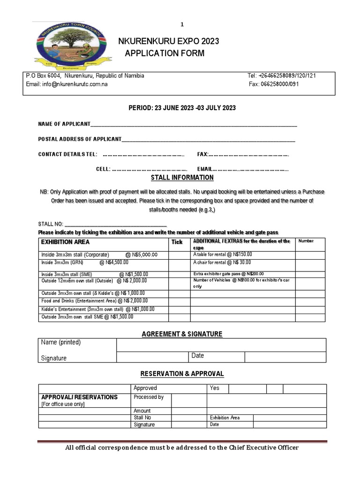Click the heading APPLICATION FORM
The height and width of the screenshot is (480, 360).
click(x=165, y=53)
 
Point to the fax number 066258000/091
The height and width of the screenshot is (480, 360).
click(x=273, y=84)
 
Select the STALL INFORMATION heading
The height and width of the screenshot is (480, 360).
click(x=182, y=178)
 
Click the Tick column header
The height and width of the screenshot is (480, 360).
click(x=177, y=242)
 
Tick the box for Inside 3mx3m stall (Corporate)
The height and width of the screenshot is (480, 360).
click(x=179, y=255)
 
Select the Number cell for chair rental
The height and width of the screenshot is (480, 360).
click(x=311, y=262)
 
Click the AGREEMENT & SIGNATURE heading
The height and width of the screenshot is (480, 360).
click(x=182, y=334)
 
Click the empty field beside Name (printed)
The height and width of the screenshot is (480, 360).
click(x=221, y=345)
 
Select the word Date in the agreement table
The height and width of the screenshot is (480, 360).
click(x=198, y=356)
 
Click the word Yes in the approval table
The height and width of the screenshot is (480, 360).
click(x=215, y=388)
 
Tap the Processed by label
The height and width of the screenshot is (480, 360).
click(x=149, y=397)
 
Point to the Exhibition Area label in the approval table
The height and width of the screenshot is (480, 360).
click(x=225, y=417)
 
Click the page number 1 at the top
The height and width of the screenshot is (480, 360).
click(x=182, y=24)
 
